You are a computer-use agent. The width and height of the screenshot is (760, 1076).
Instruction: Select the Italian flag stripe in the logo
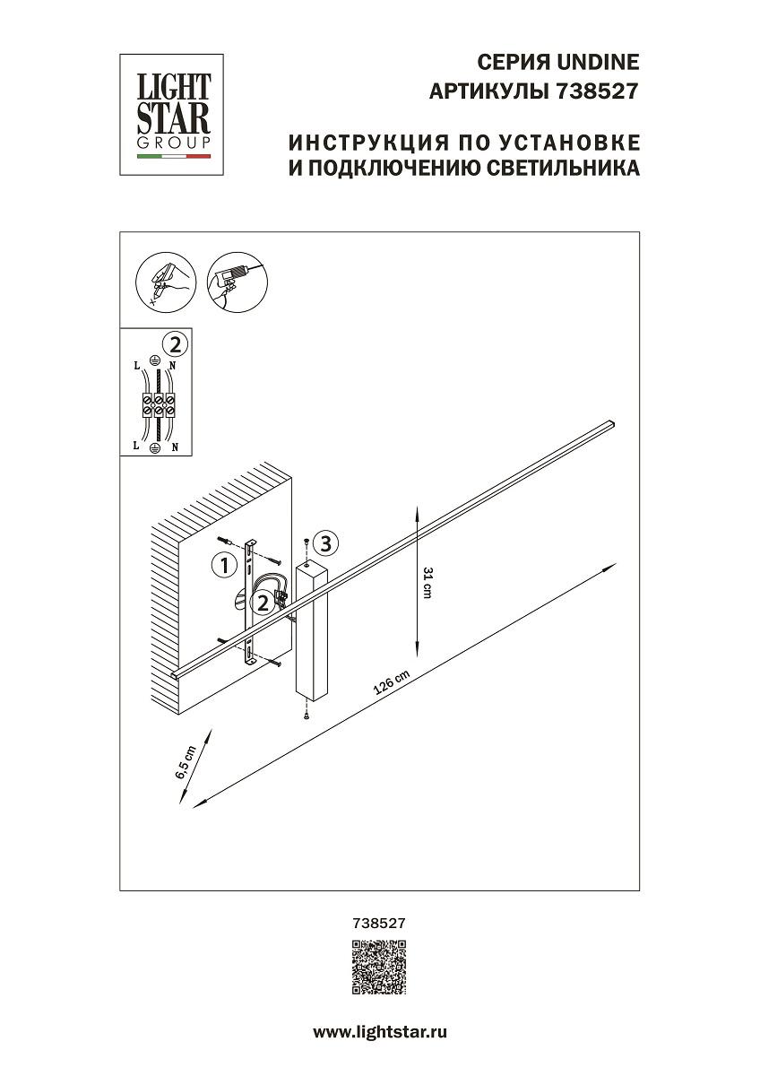[x=173, y=156]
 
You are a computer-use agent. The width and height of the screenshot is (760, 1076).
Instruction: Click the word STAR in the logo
[x=173, y=119]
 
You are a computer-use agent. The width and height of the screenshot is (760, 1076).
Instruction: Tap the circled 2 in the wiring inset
[x=176, y=343]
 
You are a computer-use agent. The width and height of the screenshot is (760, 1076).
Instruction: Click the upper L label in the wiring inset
[x=136, y=367]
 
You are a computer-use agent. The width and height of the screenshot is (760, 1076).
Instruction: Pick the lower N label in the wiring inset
[x=175, y=446]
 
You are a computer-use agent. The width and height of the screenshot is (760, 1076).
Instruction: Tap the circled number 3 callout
[x=326, y=542]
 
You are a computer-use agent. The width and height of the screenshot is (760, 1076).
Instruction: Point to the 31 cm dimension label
[x=427, y=584]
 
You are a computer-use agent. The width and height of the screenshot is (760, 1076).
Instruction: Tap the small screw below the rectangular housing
[x=307, y=714]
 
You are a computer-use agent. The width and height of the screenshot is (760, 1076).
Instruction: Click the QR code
[x=379, y=967]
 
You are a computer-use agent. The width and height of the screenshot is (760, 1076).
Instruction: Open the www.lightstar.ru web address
[x=379, y=1032]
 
